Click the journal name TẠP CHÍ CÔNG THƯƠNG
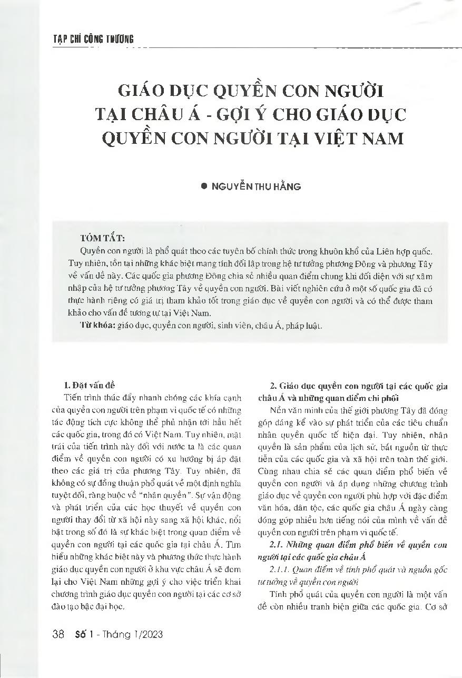tap(94, 38)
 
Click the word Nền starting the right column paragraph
tap(277, 409)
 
